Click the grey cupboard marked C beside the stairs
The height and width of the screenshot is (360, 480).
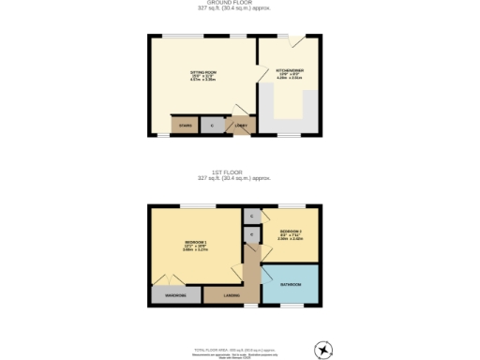click(212, 125)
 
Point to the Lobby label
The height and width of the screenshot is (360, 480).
click(239, 126)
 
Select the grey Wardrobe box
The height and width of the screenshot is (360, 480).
click(176, 295)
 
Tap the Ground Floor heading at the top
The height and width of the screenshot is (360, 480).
click(239, 4)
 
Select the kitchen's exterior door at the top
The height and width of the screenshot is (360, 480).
click(295, 41)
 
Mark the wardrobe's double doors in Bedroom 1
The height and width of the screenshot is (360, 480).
click(169, 278)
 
